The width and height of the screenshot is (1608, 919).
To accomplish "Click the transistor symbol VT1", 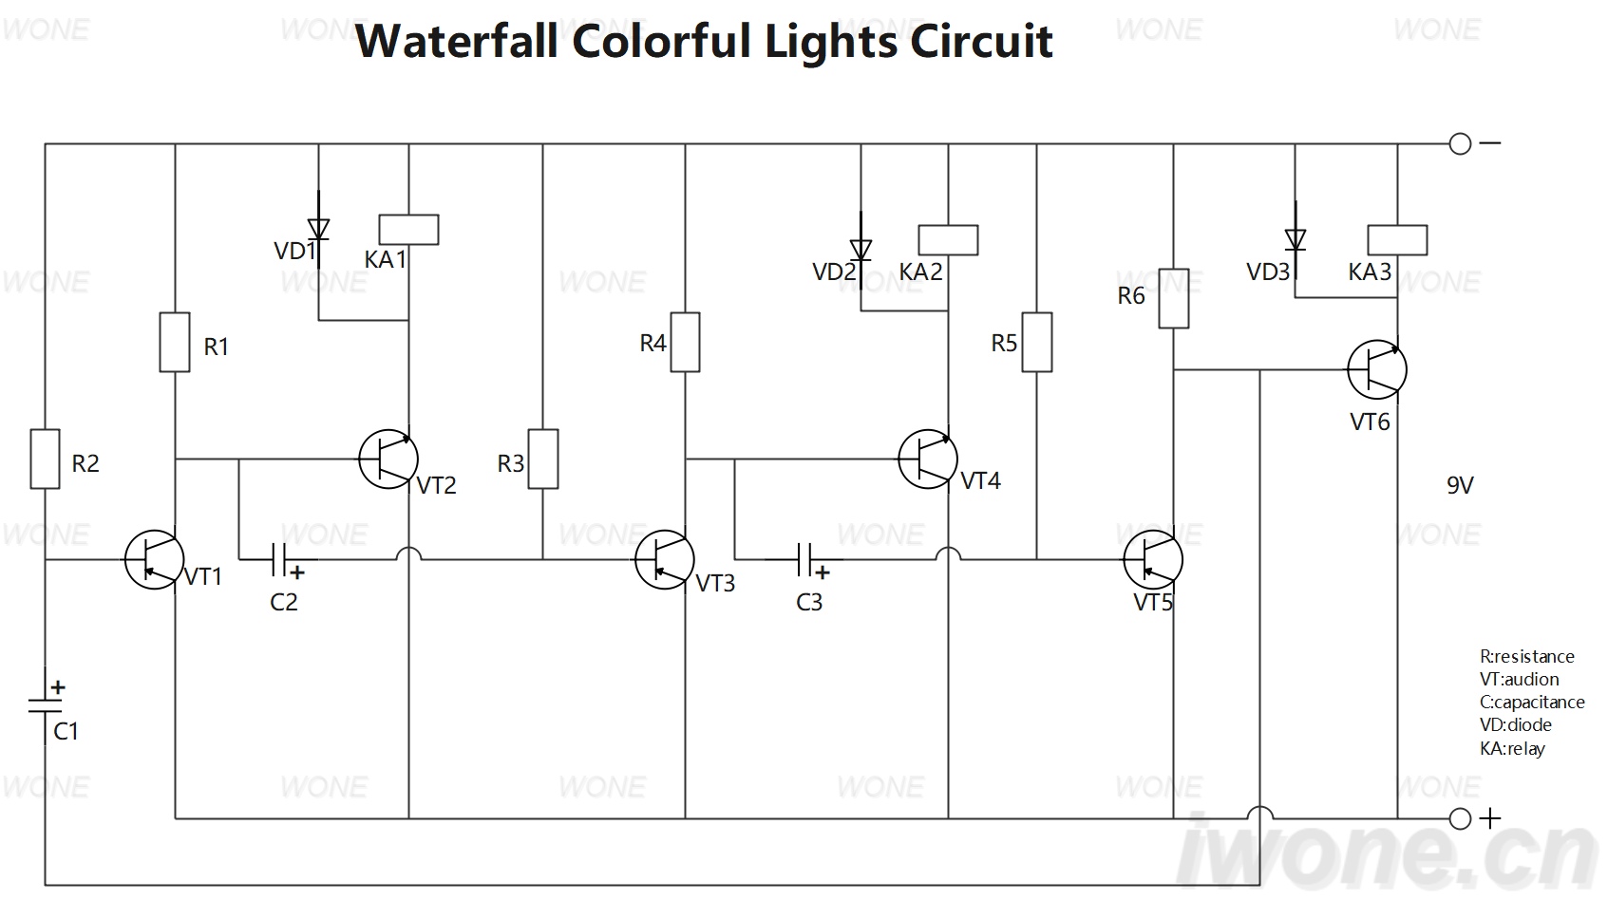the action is point(154,559).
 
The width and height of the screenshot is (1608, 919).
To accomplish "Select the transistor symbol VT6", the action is point(1377,369).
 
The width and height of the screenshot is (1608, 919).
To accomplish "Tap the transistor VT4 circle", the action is point(927,459).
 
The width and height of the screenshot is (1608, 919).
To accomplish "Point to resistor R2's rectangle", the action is point(45,459).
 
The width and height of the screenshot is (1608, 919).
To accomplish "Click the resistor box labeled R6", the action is point(1174,298).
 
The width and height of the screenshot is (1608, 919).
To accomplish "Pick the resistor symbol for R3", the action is point(542,459).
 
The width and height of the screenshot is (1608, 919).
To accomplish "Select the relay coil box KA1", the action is point(408,230).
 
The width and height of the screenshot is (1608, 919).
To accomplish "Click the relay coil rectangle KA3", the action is point(1397,239).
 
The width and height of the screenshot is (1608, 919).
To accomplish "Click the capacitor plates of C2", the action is point(279,559).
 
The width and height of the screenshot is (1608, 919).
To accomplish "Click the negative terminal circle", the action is point(1460,143).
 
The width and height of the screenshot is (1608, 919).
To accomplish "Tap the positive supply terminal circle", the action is point(1460,818).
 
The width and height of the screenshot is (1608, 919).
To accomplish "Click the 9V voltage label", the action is point(1460,486).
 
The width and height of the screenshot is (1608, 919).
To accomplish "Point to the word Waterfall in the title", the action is point(457,41).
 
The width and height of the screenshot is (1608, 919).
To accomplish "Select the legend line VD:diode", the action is point(1516,724).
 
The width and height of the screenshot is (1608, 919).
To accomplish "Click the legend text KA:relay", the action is point(1512,748).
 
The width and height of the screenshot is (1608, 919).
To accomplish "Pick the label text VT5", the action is point(1153,603).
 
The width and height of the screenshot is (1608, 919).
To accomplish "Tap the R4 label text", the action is point(653,344).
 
